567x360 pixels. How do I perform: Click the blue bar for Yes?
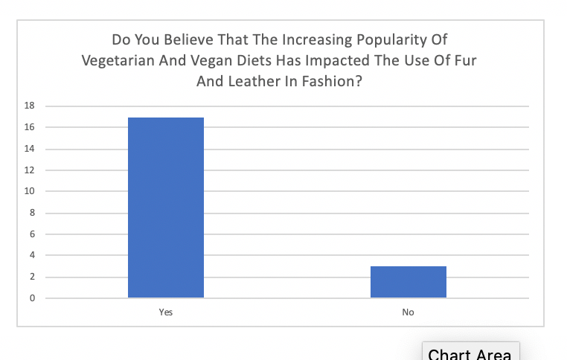click(x=166, y=208)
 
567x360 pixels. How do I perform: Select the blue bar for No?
click(x=408, y=282)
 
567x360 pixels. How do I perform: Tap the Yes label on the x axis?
click(x=166, y=312)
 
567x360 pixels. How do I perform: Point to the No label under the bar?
click(x=408, y=312)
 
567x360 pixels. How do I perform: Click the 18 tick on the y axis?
click(x=31, y=106)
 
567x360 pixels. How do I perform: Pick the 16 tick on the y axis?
click(x=31, y=127)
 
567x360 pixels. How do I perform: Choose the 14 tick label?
click(x=31, y=149)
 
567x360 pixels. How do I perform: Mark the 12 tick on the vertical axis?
click(x=31, y=170)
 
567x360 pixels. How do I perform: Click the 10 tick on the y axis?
click(x=31, y=192)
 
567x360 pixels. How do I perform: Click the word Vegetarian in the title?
click(x=121, y=61)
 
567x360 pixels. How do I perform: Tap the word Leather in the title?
click(x=252, y=82)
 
